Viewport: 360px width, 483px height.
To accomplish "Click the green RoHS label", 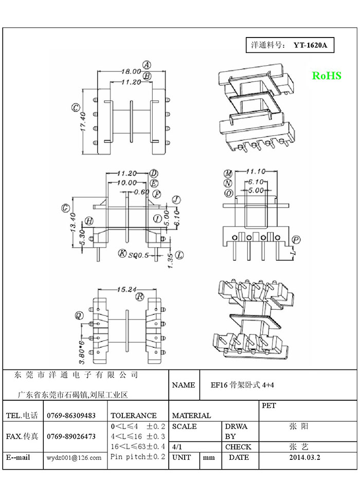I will pyautogui.click(x=327, y=76).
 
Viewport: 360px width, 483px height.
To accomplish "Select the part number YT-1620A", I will pyautogui.click(x=310, y=45).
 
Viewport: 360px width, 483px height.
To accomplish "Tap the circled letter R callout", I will pyautogui.click(x=139, y=296).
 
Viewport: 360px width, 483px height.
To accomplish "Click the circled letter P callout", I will pyautogui.click(x=296, y=240).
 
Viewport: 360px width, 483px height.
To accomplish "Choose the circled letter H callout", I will pyautogui.click(x=89, y=221).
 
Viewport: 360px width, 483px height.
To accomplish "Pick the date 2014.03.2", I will pyautogui.click(x=304, y=457).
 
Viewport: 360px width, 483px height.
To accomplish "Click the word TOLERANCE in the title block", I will pyautogui.click(x=134, y=415).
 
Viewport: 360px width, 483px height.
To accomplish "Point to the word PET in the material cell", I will pyautogui.click(x=269, y=405).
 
